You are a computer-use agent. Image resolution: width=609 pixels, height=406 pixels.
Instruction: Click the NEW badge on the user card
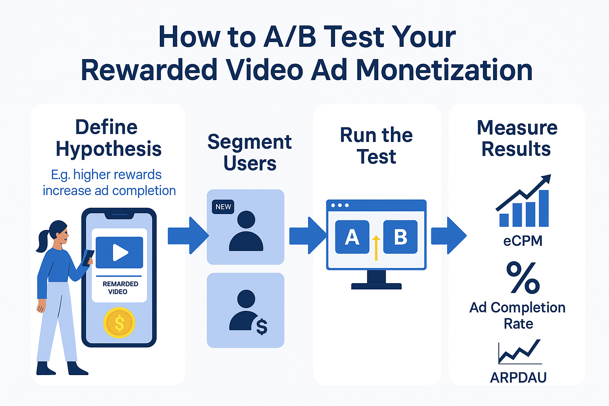tap(223, 207)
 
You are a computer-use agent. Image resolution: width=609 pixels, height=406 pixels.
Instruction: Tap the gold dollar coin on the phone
tap(119, 323)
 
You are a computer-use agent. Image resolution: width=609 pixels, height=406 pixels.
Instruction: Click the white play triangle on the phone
tap(120, 253)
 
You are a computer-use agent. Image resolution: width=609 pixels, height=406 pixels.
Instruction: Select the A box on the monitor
tap(352, 237)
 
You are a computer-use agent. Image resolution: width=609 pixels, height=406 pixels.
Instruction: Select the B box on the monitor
tap(400, 237)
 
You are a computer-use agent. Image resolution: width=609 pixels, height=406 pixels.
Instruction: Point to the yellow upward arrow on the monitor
tap(376, 247)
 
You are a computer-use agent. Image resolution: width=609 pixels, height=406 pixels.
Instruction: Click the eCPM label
tap(523, 241)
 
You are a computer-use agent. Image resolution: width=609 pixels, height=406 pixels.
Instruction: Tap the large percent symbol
tap(523, 278)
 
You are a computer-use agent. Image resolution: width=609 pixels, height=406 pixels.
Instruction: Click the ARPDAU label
tap(518, 377)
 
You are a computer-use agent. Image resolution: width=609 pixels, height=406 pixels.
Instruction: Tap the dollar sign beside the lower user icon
tap(262, 327)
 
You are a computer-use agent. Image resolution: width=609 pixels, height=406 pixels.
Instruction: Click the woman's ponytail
tap(42, 241)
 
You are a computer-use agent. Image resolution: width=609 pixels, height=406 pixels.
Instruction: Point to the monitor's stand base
tap(376, 286)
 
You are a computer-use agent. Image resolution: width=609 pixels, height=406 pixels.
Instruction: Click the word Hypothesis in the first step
tap(109, 149)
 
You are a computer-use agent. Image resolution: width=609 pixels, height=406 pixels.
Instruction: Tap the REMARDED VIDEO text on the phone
tap(120, 288)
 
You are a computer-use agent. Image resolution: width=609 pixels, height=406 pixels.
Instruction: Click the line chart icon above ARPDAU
tap(519, 352)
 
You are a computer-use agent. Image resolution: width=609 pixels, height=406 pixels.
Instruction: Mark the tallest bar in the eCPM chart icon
tap(544, 208)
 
